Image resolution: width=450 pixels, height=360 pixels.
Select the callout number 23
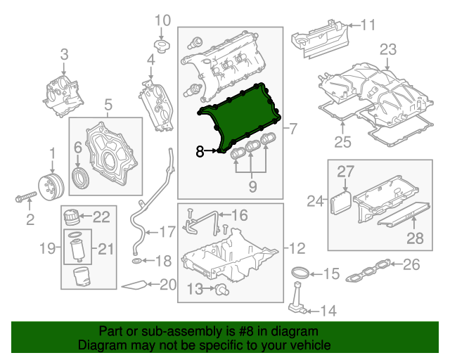click(388, 49)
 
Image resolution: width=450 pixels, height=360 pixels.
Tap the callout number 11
click(368, 25)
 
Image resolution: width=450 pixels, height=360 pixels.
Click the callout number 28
click(416, 238)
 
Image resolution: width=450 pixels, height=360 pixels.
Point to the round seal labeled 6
click(82, 176)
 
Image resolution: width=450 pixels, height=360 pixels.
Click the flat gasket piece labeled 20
click(135, 285)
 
